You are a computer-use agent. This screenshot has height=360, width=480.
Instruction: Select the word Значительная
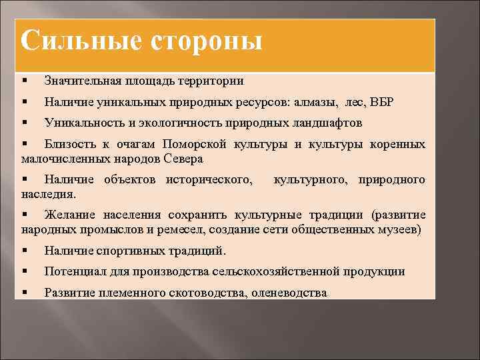coord(81,81)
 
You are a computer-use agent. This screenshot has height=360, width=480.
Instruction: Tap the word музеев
coord(398,230)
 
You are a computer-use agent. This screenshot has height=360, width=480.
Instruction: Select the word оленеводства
coord(289,293)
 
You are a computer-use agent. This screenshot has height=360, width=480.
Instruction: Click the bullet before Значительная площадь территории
coord(25,81)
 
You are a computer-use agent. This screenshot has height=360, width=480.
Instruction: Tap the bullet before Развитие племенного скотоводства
coord(25,293)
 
